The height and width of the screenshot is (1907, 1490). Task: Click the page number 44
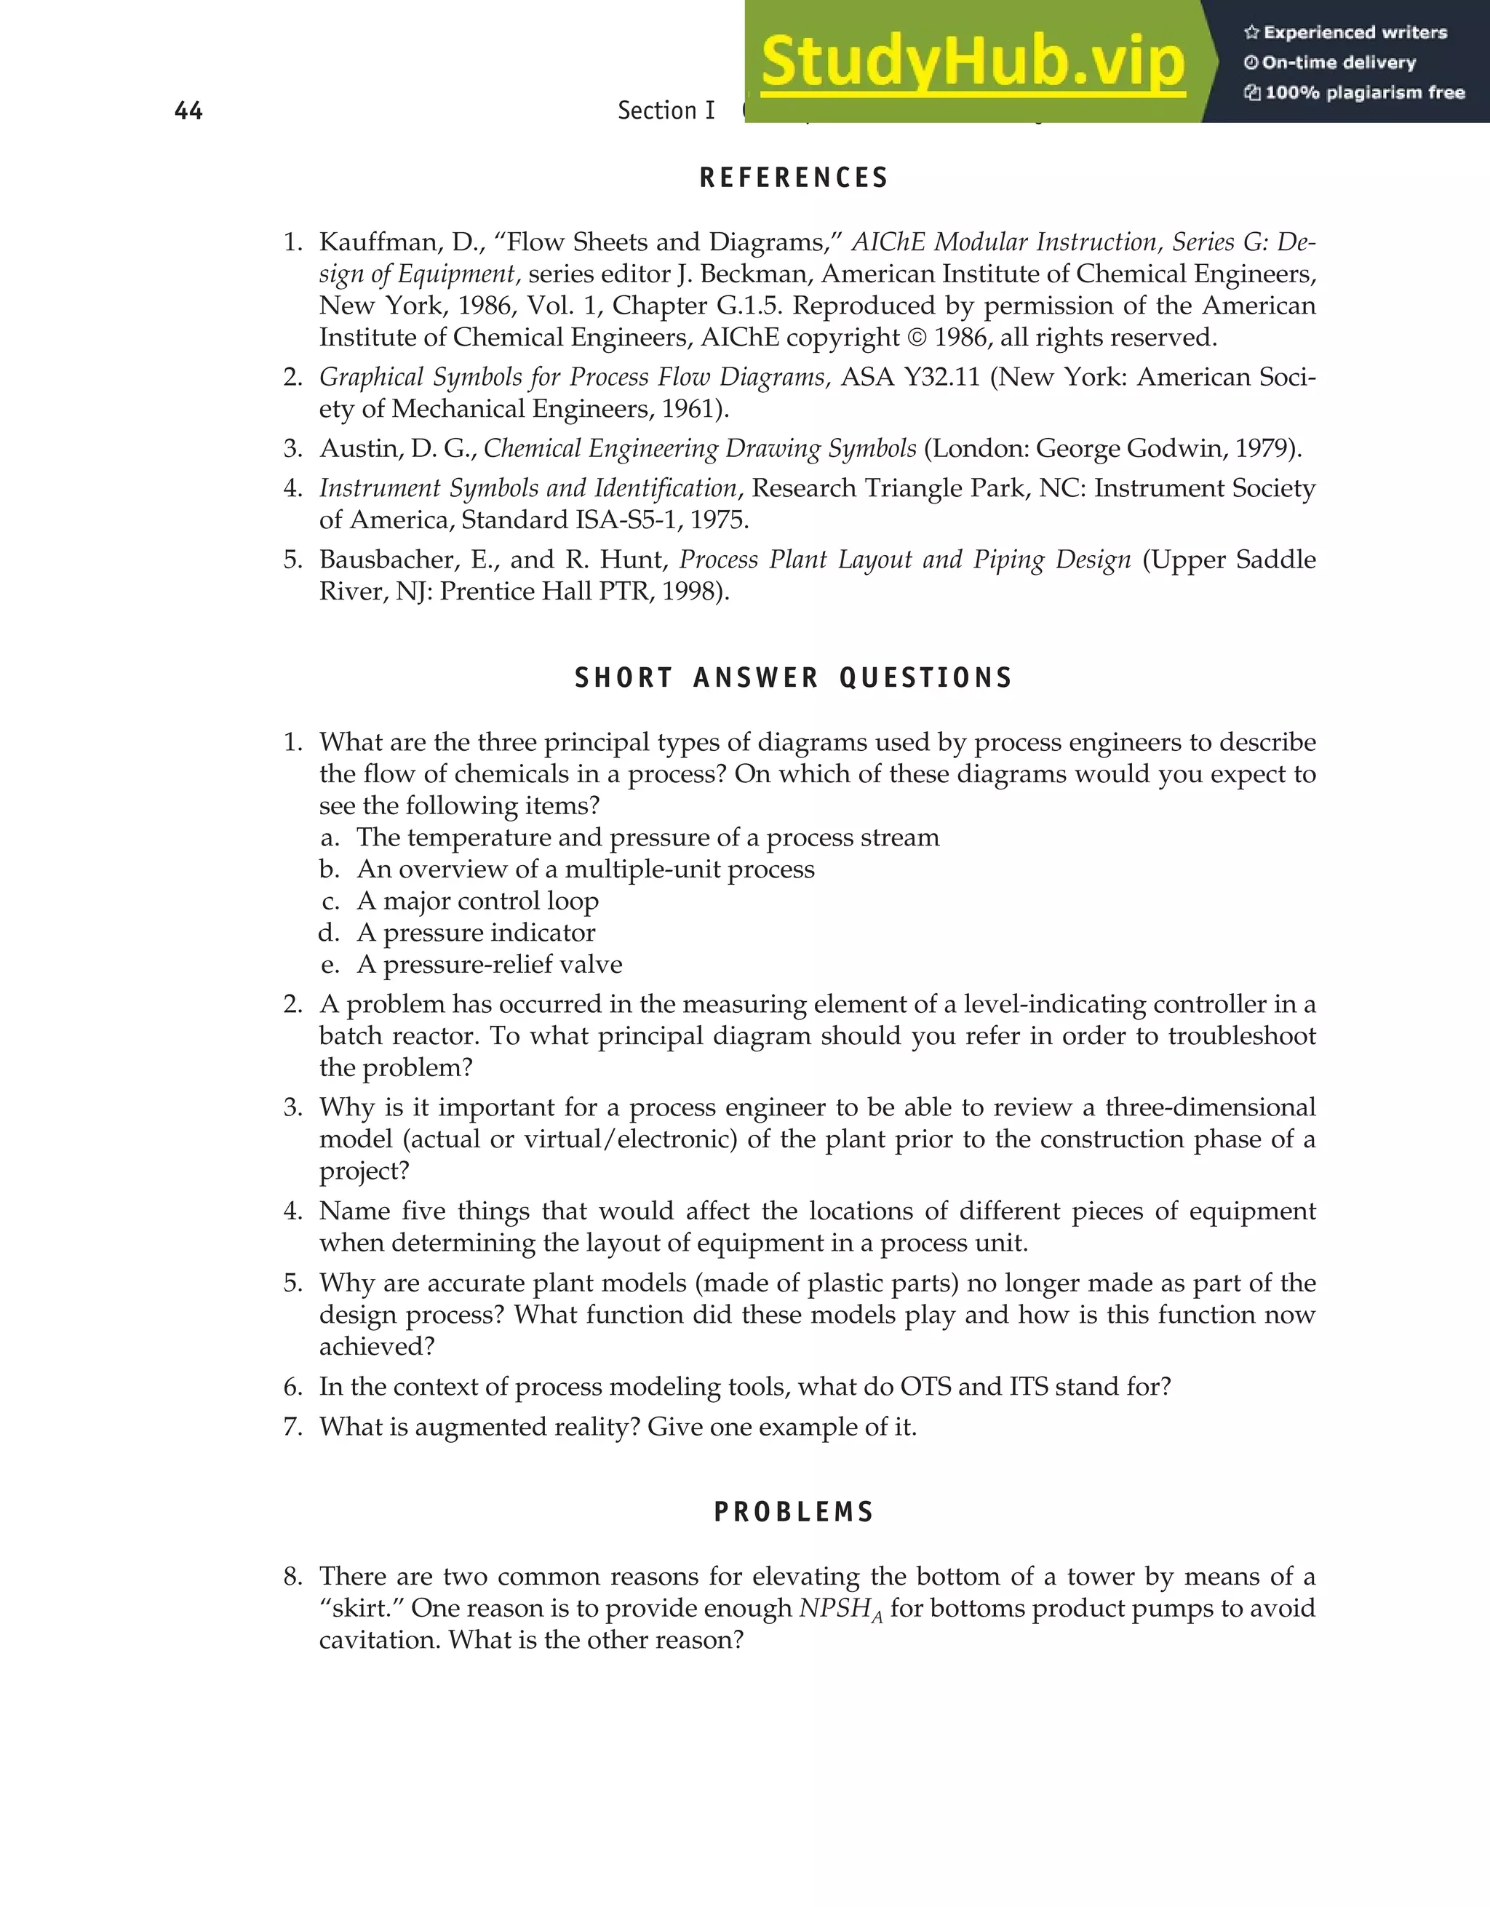click(x=188, y=111)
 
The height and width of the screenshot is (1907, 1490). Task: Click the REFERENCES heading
click(x=794, y=178)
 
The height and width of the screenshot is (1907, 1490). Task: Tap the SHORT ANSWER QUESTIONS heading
click(x=794, y=677)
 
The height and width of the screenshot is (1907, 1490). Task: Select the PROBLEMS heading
click(x=794, y=1513)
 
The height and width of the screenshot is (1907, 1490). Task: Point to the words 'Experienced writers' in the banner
click(x=1355, y=32)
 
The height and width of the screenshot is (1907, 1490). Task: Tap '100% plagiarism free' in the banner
click(x=1363, y=92)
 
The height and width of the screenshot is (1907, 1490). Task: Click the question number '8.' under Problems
click(x=293, y=1577)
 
